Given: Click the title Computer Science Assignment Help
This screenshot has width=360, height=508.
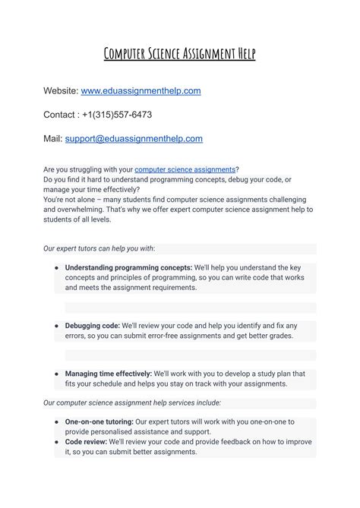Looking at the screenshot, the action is pos(180,53).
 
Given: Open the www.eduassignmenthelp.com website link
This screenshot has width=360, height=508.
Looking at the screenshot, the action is pos(141,91).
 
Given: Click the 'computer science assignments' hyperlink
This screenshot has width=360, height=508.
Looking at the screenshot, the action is pos(185,169).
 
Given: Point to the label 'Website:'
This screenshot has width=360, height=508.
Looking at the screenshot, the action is pos(61,91).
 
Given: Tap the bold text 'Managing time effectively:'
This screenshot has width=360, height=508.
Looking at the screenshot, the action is pos(108,374).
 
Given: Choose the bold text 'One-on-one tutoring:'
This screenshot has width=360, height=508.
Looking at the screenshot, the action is pos(99,421).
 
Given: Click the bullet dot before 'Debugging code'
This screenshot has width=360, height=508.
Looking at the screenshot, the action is pos(57,326).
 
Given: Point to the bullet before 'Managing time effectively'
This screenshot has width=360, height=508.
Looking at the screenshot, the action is pos(57,374).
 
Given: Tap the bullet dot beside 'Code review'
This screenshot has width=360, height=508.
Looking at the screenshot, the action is pos(57,441).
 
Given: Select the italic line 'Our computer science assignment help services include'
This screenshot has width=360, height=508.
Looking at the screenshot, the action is pos(131,402).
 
